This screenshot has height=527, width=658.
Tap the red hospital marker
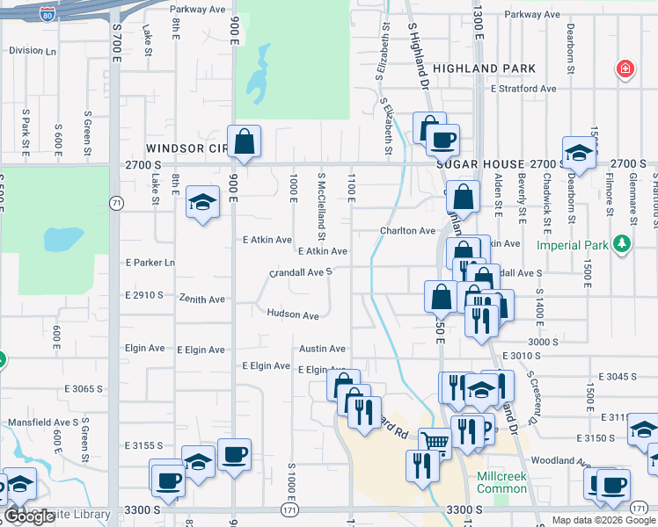click(625, 69)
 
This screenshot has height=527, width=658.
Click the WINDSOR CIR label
click(186, 148)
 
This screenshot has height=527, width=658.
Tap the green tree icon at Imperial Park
click(623, 242)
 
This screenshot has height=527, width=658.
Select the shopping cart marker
click(435, 441)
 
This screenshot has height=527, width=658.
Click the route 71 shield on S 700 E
click(116, 203)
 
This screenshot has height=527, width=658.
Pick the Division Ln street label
click(26, 50)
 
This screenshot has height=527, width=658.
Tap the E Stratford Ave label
click(524, 89)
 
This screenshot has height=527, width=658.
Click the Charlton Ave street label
click(407, 231)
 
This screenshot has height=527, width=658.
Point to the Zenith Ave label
click(203, 300)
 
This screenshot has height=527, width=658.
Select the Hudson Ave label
click(292, 314)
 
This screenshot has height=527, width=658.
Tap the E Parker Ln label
click(150, 263)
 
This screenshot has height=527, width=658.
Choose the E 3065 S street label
click(84, 387)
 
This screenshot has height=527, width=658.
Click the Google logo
click(29, 516)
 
